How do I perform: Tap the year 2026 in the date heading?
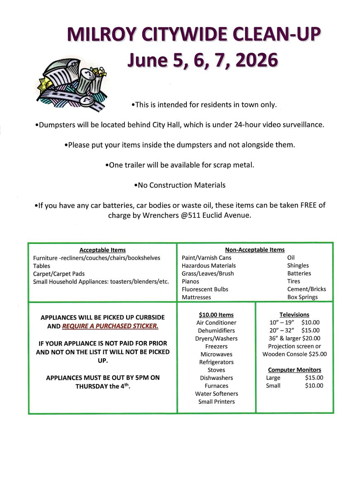pyautogui.click(x=257, y=60)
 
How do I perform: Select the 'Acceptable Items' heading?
pyautogui.click(x=103, y=250)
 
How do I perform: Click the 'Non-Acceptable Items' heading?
pyautogui.click(x=255, y=250)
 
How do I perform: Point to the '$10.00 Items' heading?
pyautogui.click(x=216, y=315)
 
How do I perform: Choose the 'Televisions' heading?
pyautogui.click(x=294, y=315)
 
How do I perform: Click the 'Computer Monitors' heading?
pyautogui.click(x=294, y=370)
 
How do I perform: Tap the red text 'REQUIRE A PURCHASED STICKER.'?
pyautogui.click(x=110, y=326)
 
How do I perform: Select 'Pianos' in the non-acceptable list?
pyautogui.click(x=190, y=281)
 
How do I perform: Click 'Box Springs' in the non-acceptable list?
pyautogui.click(x=303, y=297)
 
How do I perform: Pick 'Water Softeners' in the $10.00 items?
pyautogui.click(x=217, y=394)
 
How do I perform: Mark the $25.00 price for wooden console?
pyautogui.click(x=317, y=354)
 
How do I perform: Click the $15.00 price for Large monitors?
pyautogui.click(x=314, y=378)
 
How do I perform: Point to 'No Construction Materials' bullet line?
pyautogui.click(x=180, y=185)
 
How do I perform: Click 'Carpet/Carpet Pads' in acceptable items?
pyautogui.click(x=59, y=274)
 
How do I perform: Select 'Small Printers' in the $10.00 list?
pyautogui.click(x=216, y=402)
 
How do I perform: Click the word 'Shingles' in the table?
pyautogui.click(x=298, y=266)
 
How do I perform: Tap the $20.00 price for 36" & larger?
pyautogui.click(x=311, y=339)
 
